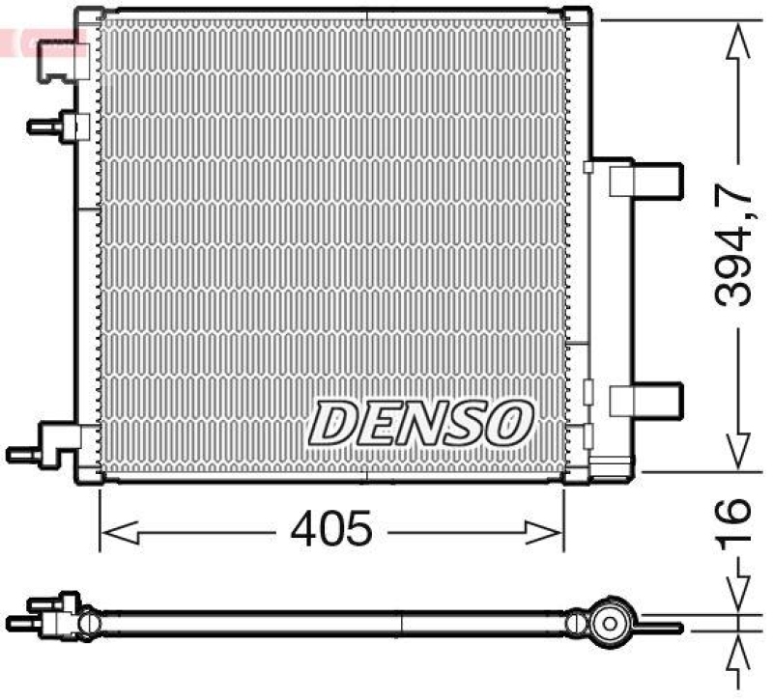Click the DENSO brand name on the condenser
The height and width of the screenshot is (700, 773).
[x=421, y=423]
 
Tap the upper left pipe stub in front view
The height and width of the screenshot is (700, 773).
[x=58, y=126]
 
